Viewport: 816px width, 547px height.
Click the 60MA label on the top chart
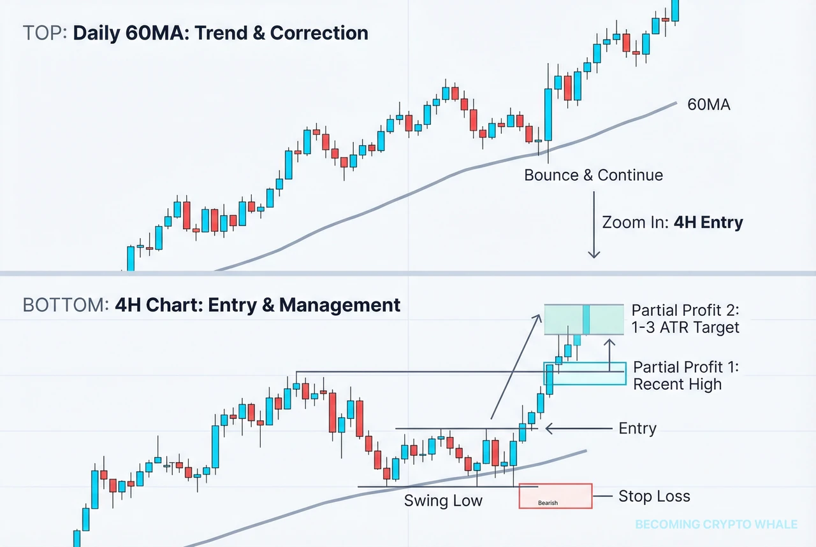click(709, 105)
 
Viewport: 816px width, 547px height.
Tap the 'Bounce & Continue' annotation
click(593, 175)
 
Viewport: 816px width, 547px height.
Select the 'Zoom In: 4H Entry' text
click(672, 223)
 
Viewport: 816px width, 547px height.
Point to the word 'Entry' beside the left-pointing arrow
click(637, 429)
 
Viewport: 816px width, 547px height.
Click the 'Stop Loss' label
click(654, 497)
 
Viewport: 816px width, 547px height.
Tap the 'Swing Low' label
click(443, 501)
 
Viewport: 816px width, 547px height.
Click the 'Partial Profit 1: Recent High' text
click(677, 376)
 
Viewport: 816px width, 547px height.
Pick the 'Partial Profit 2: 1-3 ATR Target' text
click(685, 319)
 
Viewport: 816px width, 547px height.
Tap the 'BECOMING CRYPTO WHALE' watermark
click(716, 525)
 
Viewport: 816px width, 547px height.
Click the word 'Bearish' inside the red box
click(548, 503)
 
